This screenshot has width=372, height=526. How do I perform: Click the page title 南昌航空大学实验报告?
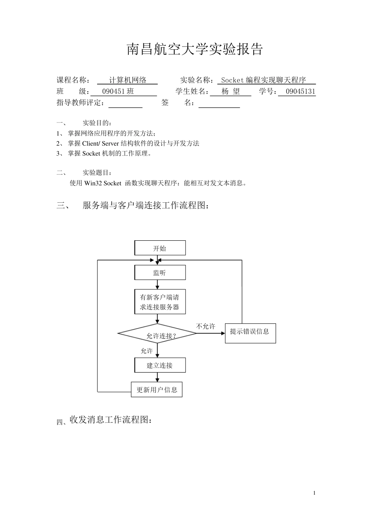pos(195,49)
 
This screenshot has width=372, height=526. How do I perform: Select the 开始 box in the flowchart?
pos(160,248)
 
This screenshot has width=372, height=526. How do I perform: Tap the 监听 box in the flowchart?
pos(160,273)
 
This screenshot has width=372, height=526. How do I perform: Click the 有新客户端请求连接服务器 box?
pos(160,302)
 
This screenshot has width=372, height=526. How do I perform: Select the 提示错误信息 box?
pos(250,333)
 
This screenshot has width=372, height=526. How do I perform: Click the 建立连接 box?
pos(160,366)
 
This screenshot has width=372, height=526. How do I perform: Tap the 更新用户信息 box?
pos(157,390)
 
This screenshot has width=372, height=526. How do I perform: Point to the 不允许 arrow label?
pos(206,326)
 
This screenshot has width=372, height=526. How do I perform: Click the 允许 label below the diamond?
pos(147,351)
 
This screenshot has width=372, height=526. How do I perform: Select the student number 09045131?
pos(300,92)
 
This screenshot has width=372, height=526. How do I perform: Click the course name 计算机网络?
pos(128,80)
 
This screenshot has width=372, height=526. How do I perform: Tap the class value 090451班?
pos(118,92)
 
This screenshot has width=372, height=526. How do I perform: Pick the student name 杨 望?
pos(231,92)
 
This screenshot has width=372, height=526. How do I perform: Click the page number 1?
pos(314,493)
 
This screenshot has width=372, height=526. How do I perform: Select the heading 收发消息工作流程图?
pos(110,420)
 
